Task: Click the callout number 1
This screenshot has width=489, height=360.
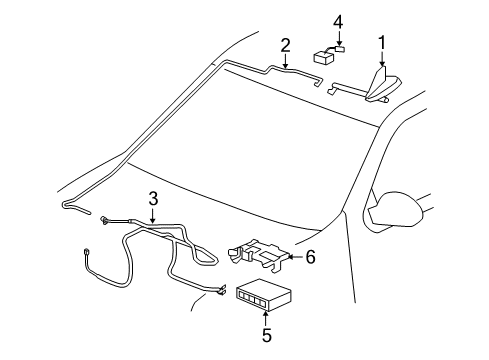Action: point(381,41)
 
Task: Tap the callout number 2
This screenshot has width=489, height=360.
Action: point(285,44)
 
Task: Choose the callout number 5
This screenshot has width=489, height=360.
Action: point(265,336)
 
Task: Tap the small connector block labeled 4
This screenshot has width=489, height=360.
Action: point(325,55)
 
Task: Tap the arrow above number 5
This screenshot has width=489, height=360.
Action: point(265,318)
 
